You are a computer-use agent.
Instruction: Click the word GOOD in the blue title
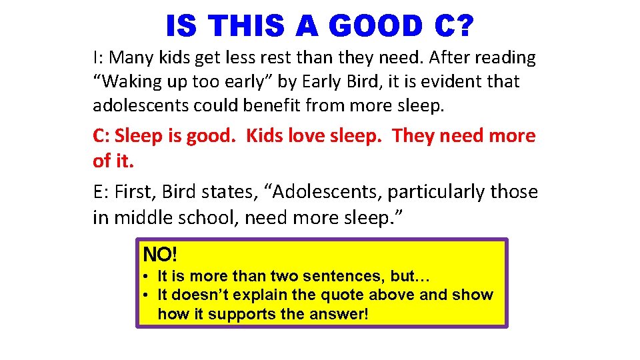click(x=375, y=27)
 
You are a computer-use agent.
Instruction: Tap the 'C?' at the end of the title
click(x=454, y=27)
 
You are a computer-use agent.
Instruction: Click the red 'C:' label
click(x=101, y=136)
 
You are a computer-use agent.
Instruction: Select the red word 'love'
click(x=306, y=136)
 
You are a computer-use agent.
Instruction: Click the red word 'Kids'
click(x=265, y=136)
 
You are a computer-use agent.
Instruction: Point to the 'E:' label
click(x=101, y=192)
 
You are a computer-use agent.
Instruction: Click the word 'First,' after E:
click(x=138, y=192)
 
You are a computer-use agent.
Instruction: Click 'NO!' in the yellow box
click(x=160, y=255)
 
